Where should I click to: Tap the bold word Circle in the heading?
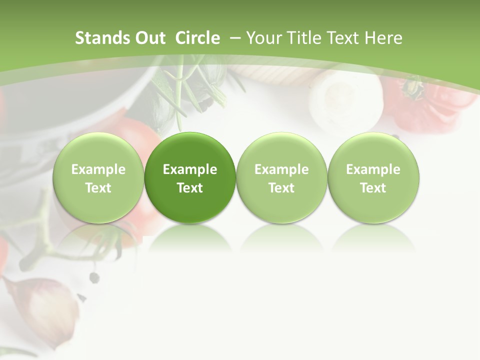click(197, 38)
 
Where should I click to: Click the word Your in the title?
click(263, 38)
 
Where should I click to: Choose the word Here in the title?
click(382, 38)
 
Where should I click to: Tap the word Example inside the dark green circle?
click(190, 169)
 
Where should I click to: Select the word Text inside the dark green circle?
click(190, 188)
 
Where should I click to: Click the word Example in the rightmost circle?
click(373, 169)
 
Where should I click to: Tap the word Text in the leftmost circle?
click(98, 188)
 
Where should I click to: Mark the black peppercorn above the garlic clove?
click(93, 276)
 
